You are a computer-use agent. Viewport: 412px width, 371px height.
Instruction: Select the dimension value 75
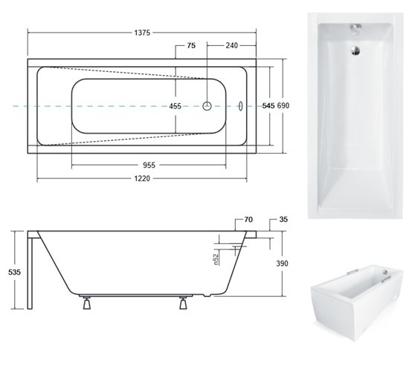tap(191, 46)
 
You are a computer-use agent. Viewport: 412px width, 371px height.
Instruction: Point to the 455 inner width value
tap(176, 107)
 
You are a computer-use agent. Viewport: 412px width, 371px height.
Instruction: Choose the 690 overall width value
tap(283, 107)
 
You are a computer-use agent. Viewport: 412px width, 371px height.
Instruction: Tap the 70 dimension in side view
tap(248, 220)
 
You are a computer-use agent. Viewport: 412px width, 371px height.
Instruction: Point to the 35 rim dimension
tap(283, 220)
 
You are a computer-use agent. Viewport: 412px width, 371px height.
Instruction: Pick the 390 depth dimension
tap(280, 263)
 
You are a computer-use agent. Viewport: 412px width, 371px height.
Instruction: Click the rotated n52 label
tap(215, 259)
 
